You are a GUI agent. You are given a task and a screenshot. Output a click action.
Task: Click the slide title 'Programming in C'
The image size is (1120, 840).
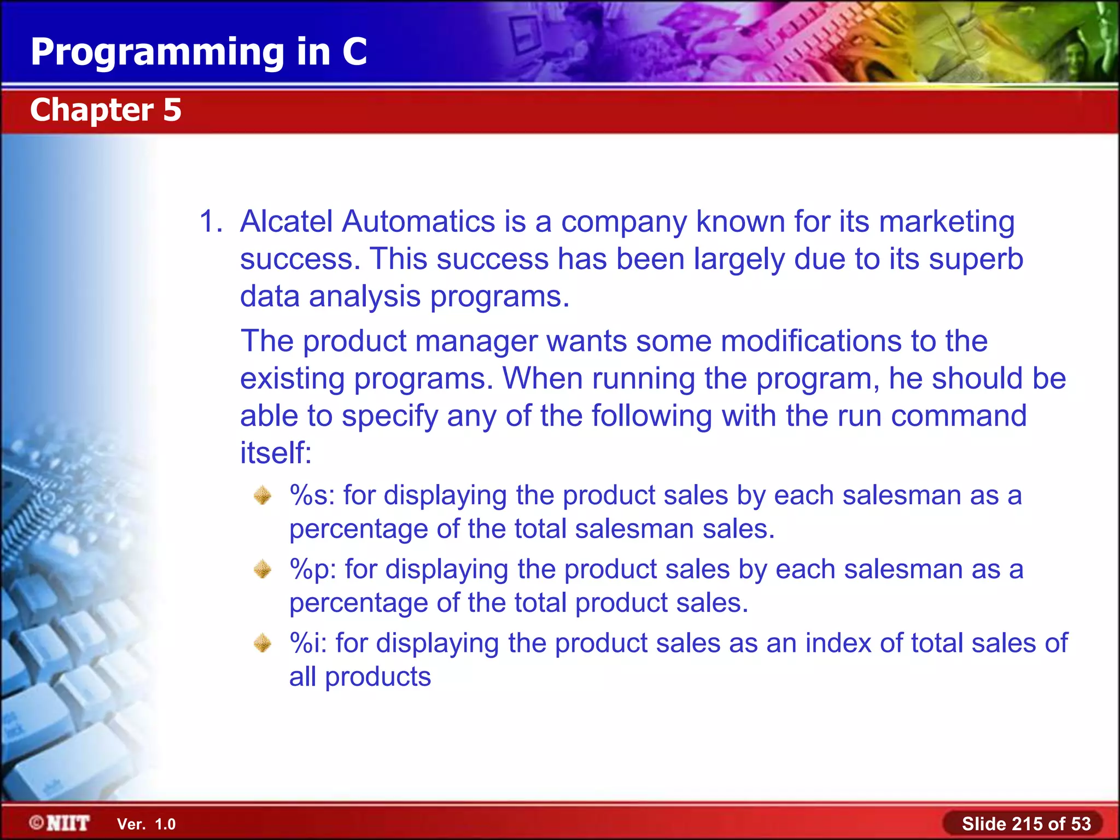(199, 52)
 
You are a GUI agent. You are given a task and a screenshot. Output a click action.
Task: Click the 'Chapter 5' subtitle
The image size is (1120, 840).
(106, 110)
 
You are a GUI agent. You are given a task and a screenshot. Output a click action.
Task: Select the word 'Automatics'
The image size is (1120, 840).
(418, 221)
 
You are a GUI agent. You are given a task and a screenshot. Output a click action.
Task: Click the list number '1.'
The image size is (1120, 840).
(211, 221)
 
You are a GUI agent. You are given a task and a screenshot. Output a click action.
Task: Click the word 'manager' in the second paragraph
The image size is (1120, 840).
(476, 341)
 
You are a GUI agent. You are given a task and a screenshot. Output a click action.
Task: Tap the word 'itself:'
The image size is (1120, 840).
(276, 453)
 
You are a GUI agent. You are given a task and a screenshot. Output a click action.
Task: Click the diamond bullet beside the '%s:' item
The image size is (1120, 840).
(262, 495)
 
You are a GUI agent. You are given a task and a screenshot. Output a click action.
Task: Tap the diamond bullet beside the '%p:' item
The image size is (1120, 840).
(262, 569)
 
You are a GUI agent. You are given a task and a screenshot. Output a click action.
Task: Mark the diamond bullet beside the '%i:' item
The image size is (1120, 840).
(262, 643)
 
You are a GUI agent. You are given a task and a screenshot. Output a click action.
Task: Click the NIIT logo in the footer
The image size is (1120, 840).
(60, 823)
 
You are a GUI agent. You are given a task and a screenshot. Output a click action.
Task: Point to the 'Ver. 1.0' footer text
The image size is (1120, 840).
(146, 824)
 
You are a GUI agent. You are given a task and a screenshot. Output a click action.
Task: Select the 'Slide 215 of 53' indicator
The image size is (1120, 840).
(1026, 824)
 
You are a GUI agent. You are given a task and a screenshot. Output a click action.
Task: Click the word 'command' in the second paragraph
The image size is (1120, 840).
(959, 416)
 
